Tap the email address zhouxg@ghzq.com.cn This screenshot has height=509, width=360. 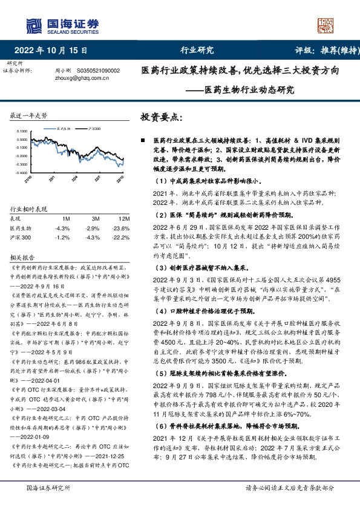coord(80,78)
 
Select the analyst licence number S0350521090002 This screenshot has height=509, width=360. coord(99,71)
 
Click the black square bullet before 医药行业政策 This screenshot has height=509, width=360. coord(142,140)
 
